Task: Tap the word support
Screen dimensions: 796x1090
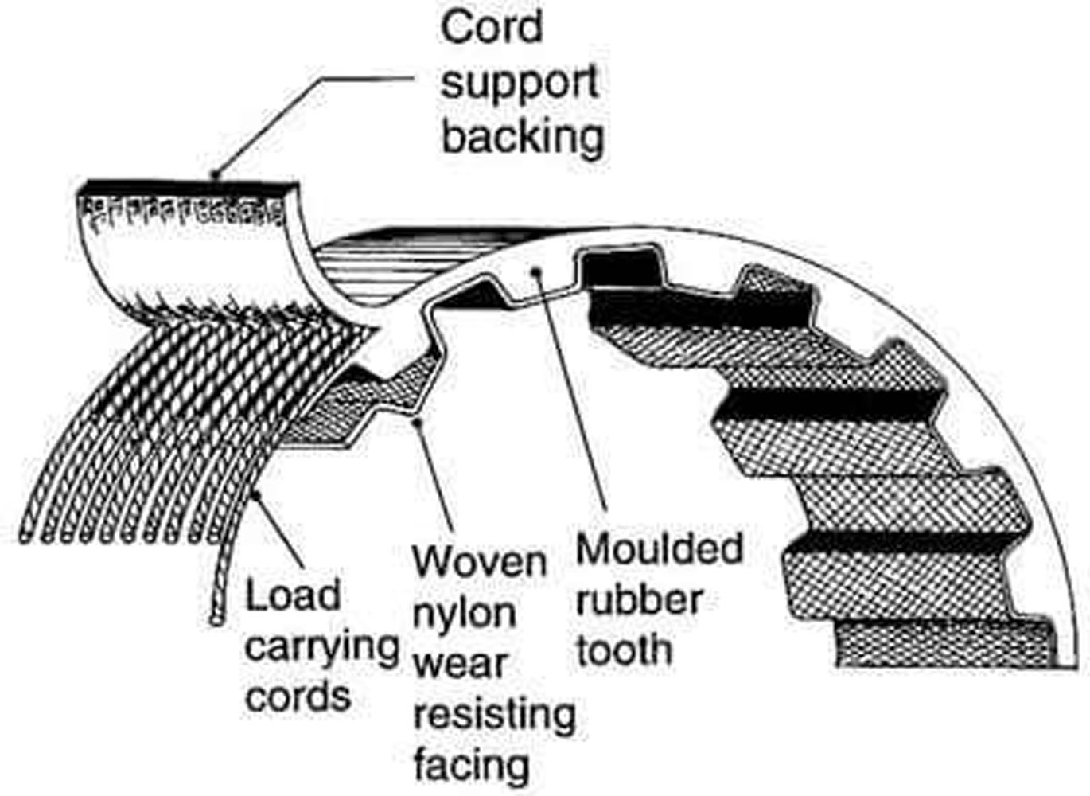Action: coord(520,82)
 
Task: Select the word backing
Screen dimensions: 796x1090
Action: coord(523,136)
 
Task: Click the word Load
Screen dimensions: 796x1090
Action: coord(293,595)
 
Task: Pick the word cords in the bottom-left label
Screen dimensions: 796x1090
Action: coord(298,696)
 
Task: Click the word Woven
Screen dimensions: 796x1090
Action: coord(480,562)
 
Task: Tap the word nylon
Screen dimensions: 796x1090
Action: coord(464,613)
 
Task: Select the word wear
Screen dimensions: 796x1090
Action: coord(459,663)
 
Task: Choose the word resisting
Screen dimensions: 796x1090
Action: coord(494,714)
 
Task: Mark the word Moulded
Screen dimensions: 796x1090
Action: coord(659,549)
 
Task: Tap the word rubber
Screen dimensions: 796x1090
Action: coord(639,599)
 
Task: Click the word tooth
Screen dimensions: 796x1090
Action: coord(624,650)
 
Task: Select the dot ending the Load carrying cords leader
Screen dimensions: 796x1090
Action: coord(255,496)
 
